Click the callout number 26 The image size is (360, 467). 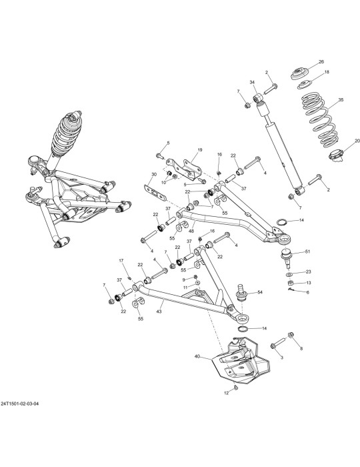(321, 61)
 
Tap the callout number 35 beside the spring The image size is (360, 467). (341, 100)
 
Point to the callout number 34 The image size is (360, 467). (252, 82)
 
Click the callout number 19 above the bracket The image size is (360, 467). (199, 150)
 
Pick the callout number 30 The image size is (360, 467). (154, 174)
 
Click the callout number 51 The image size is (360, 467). (307, 252)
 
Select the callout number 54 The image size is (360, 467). (260, 292)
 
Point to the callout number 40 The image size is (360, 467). (197, 356)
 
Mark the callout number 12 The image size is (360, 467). (227, 393)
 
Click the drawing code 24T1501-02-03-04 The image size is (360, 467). (19, 404)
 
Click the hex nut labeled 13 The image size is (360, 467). (291, 283)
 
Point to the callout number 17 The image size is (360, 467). (121, 261)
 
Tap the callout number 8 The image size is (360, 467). (301, 348)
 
